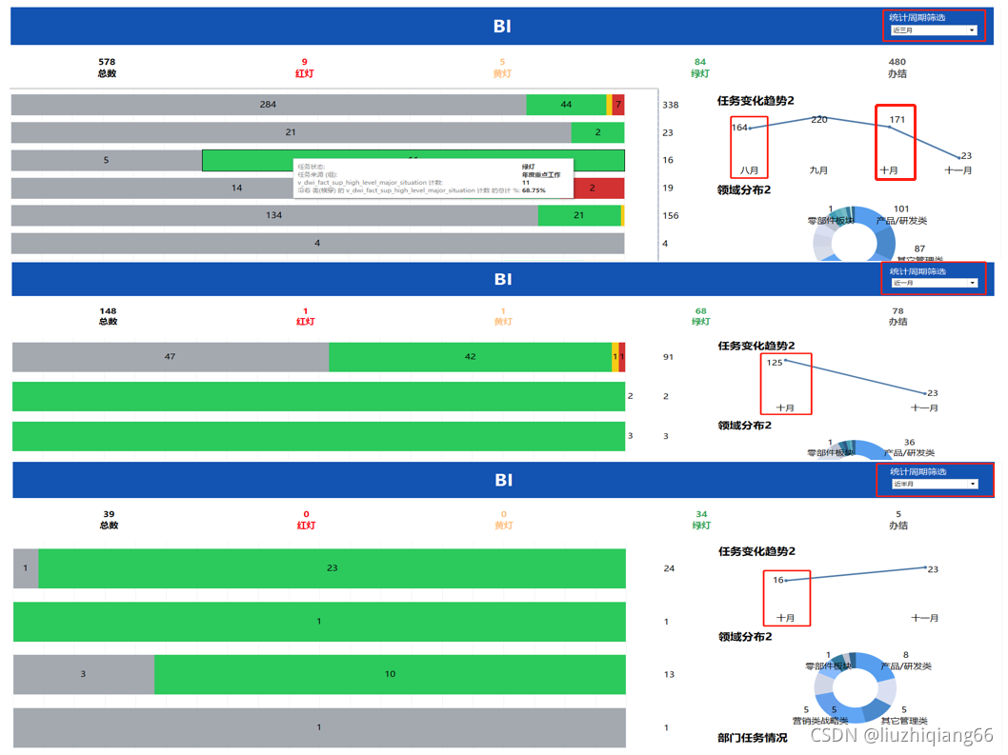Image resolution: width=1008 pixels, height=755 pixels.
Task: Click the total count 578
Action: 107,62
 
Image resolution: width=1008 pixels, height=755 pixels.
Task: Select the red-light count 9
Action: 304,62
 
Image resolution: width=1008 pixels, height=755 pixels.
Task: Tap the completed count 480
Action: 897,62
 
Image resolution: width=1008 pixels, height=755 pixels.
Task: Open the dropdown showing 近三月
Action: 934,30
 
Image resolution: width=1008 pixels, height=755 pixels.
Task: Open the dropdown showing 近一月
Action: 934,283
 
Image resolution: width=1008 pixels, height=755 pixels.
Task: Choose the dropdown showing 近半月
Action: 934,484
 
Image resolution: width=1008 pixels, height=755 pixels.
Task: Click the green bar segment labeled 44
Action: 566,105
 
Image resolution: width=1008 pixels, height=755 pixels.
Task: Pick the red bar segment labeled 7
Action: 618,105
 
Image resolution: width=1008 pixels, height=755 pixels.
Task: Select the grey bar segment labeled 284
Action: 268,105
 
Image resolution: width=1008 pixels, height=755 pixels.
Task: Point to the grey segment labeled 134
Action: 274,215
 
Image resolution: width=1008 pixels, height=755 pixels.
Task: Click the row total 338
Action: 671,105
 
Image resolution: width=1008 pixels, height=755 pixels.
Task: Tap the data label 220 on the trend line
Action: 819,119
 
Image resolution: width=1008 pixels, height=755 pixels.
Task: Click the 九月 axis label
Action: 818,170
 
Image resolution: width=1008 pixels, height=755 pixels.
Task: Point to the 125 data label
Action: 775,363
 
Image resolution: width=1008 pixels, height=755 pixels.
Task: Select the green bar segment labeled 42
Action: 470,357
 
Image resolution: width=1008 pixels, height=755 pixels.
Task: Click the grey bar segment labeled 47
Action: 170,357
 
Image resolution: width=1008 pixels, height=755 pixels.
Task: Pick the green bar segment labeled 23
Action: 332,568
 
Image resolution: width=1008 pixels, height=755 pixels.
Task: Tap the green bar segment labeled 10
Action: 390,674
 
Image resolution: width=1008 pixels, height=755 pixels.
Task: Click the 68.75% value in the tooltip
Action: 534,190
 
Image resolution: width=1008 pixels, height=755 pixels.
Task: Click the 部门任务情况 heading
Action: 752,738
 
